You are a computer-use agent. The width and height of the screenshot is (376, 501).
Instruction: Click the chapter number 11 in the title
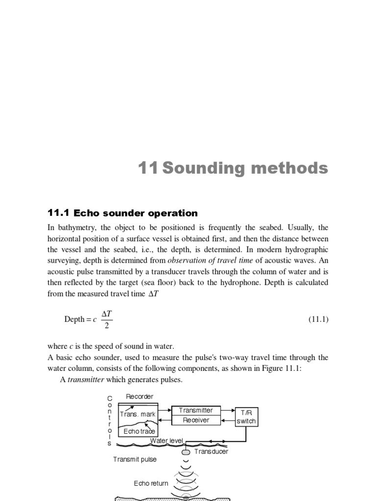148,168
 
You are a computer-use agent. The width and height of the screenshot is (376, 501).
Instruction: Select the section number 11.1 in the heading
59,213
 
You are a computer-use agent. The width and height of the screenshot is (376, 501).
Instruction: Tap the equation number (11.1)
318,319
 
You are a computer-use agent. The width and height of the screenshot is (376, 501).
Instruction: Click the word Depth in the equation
74,319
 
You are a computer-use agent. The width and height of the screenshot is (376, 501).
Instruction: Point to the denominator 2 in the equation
107,326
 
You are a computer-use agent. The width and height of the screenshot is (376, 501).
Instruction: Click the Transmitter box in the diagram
196,410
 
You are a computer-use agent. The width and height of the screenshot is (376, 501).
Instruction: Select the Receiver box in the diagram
196,420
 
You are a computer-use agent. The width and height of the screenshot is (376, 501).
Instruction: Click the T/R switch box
246,416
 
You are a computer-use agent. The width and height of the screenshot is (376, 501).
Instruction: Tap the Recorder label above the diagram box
140,396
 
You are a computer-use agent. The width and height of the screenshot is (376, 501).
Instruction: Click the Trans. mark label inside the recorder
138,414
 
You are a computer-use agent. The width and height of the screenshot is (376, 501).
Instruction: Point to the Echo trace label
139,431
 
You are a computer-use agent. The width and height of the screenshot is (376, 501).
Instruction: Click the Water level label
166,441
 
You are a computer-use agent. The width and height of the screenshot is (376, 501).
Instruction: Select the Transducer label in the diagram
211,452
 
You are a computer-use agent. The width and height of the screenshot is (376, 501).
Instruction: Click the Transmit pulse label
135,459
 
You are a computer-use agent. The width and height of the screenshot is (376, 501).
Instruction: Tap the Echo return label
151,483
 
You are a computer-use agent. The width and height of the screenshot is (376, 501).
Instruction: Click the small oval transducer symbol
186,452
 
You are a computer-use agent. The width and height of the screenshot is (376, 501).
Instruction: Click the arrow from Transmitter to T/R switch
228,410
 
